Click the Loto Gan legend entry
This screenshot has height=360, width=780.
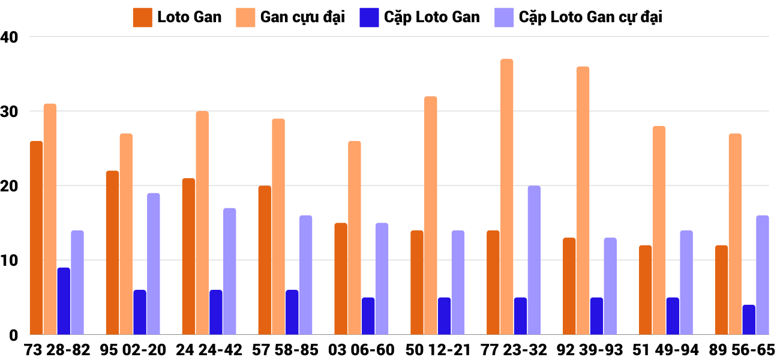[178, 17]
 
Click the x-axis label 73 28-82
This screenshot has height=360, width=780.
[57, 350]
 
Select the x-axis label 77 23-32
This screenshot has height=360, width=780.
[514, 350]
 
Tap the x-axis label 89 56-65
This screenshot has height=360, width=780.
[742, 350]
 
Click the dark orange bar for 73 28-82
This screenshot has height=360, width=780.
[37, 238]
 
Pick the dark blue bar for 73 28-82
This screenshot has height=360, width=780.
[64, 301]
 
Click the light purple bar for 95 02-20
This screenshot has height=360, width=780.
[154, 264]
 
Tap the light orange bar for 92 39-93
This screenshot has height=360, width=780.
[583, 200]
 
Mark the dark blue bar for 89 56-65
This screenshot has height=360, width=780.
[749, 320]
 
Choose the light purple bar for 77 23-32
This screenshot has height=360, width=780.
[534, 260]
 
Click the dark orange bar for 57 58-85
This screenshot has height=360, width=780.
[265, 260]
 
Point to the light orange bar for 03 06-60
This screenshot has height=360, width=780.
[355, 238]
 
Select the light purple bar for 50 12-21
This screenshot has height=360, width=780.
[458, 283]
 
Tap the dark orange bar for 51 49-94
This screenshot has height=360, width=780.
[645, 290]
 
